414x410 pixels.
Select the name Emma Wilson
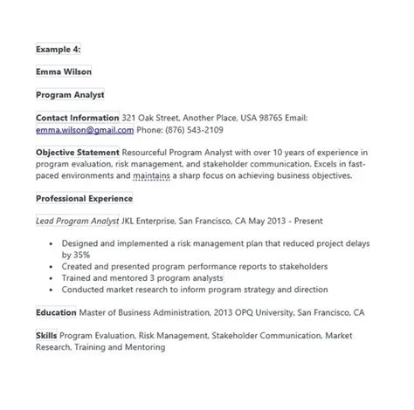point(64,72)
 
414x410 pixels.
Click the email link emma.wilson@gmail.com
point(85,130)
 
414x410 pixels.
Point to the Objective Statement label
point(77,152)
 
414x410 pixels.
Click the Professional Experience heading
point(84,198)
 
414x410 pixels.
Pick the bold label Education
point(56,311)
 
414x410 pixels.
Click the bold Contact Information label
point(77,118)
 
